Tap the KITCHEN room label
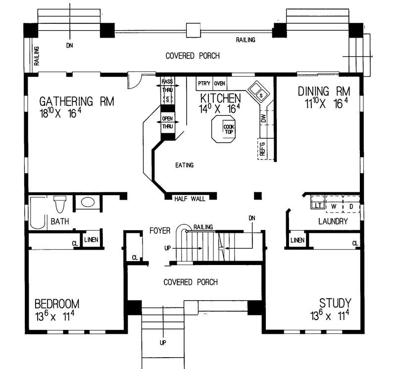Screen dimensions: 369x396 pos(220,98)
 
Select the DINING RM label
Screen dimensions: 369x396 pos(324,92)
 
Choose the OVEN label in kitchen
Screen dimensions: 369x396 pos(220,83)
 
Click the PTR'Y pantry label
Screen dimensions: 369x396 pos(204,83)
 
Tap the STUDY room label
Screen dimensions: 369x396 pos(335,303)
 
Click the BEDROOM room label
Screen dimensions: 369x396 pos(56,304)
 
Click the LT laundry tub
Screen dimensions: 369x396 pos(317,204)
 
